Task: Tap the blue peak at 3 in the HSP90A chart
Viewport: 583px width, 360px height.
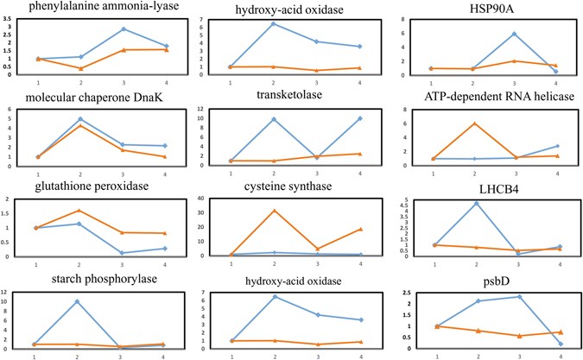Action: (x=514, y=34)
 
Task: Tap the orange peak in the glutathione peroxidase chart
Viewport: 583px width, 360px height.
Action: (x=79, y=210)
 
